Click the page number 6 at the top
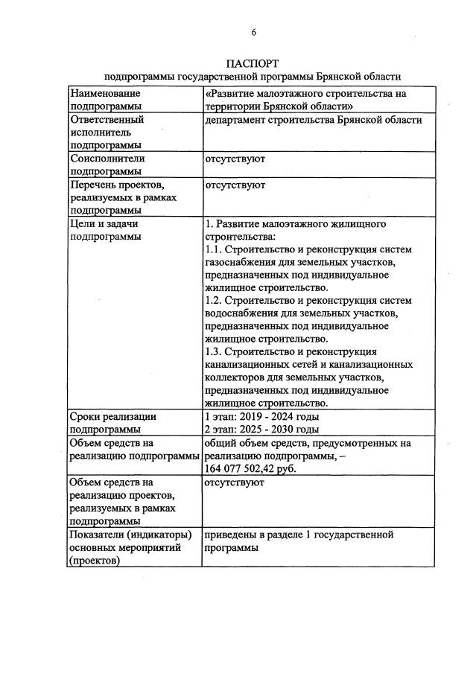click(253, 32)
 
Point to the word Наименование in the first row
click(104, 94)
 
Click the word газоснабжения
click(241, 262)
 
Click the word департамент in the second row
click(235, 120)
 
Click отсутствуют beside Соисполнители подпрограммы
click(234, 159)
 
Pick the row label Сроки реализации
click(112, 416)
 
